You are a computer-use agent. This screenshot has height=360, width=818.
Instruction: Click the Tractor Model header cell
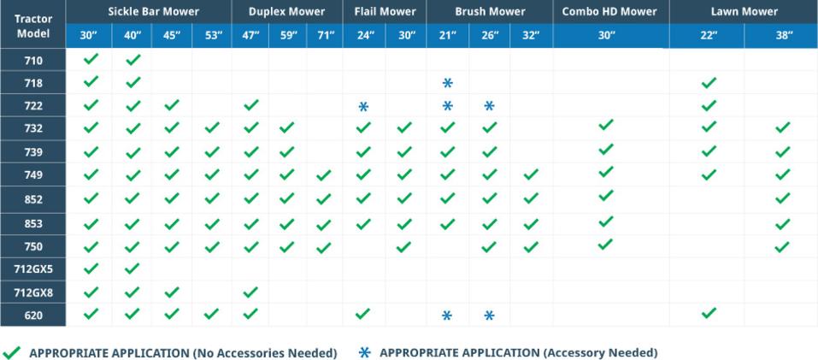coord(32,25)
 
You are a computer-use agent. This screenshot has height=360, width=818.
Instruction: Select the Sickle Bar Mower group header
coord(153,11)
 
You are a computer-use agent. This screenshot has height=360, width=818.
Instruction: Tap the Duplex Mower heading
coord(287,11)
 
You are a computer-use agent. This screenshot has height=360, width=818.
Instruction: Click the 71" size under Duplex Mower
coord(325,36)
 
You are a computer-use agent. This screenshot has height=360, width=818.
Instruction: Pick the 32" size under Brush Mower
coord(531,36)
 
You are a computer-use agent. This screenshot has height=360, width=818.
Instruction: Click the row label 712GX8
coord(32,292)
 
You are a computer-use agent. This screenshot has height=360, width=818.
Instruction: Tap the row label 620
coord(32,316)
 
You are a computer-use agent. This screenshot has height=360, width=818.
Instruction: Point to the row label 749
coord(32,175)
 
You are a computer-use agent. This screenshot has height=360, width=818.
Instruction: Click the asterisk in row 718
coord(447,83)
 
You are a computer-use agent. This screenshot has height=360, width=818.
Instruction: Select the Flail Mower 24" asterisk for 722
coord(363,106)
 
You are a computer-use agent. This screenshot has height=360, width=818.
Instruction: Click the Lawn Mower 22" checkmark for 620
coord(709,313)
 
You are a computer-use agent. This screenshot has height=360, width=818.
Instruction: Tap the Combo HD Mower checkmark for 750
coord(605,244)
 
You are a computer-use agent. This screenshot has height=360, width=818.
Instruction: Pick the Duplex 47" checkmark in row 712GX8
coord(251,292)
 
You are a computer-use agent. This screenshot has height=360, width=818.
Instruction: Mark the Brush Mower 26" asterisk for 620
coord(489,316)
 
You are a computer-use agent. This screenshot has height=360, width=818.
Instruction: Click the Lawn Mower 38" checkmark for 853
coord(782,224)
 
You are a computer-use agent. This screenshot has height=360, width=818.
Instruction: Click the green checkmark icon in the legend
coord(11,352)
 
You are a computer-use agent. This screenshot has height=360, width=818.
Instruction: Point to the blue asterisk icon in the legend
coord(365,352)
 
